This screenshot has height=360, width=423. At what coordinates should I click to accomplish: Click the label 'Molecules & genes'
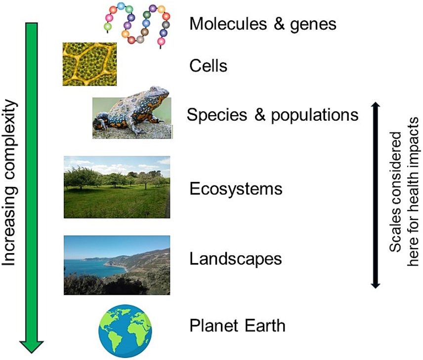pyautogui.click(x=262, y=24)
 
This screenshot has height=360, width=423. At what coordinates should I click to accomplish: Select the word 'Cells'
pyautogui.click(x=208, y=66)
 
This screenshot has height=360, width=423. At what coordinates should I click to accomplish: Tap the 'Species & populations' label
pyautogui.click(x=272, y=115)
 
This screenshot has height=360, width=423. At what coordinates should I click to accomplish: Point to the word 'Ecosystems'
pyautogui.click(x=236, y=188)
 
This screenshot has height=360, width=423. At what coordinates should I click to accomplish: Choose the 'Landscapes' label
pyautogui.click(x=235, y=259)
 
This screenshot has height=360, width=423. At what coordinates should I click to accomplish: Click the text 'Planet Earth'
pyautogui.click(x=237, y=326)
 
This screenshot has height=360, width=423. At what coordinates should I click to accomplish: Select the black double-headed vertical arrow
pyautogui.click(x=375, y=195)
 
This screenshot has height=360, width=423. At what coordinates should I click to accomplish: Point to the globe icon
pyautogui.click(x=125, y=328)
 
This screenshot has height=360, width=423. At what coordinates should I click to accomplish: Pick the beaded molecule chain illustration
pyautogui.click(x=136, y=24)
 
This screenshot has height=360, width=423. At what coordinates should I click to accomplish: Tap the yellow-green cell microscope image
pyautogui.click(x=89, y=64)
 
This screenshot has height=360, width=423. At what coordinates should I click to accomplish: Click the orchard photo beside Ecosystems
pyautogui.click(x=117, y=187)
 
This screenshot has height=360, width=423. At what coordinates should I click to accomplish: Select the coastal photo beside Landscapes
pyautogui.click(x=117, y=265)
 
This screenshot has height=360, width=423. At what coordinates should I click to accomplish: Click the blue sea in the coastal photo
pyautogui.click(x=84, y=268)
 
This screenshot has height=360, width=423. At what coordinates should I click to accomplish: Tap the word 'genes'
pyautogui.click(x=312, y=24)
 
